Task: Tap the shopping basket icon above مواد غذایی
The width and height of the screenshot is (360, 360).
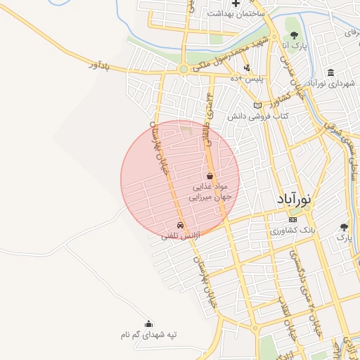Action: (x=210, y=176)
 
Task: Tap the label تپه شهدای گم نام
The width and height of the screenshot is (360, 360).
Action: (x=148, y=335)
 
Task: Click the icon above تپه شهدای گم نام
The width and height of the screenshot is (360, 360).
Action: (x=148, y=324)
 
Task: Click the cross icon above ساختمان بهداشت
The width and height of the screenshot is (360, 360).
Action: (x=236, y=3)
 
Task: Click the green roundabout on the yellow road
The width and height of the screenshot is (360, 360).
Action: (x=184, y=69)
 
